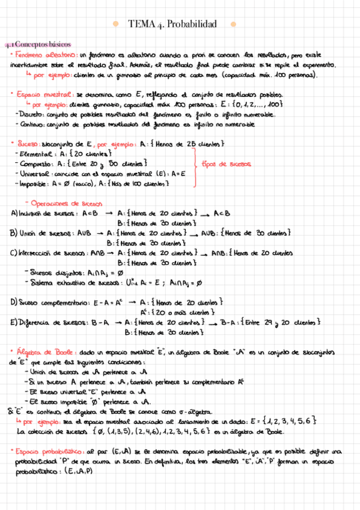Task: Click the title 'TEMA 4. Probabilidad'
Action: pyautogui.click(x=172, y=24)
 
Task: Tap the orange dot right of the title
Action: pyautogui.click(x=233, y=24)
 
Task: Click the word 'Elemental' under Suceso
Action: pyautogui.click(x=31, y=154)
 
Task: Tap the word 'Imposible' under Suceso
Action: pyautogui.click(x=31, y=184)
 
